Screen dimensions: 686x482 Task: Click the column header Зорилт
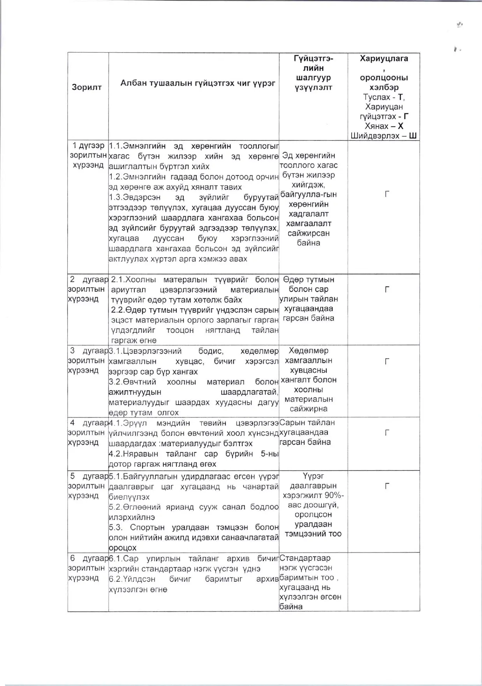tap(86, 87)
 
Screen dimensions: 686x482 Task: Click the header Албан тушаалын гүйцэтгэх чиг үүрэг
tap(198, 83)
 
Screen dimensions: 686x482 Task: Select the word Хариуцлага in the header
tap(384, 59)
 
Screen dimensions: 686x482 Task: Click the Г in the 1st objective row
tap(387, 194)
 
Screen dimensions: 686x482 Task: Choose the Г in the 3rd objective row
tap(387, 361)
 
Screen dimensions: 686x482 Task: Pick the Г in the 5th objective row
tap(387, 486)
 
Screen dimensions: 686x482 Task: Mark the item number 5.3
tap(116, 528)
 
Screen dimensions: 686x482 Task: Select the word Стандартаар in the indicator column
tap(305, 558)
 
